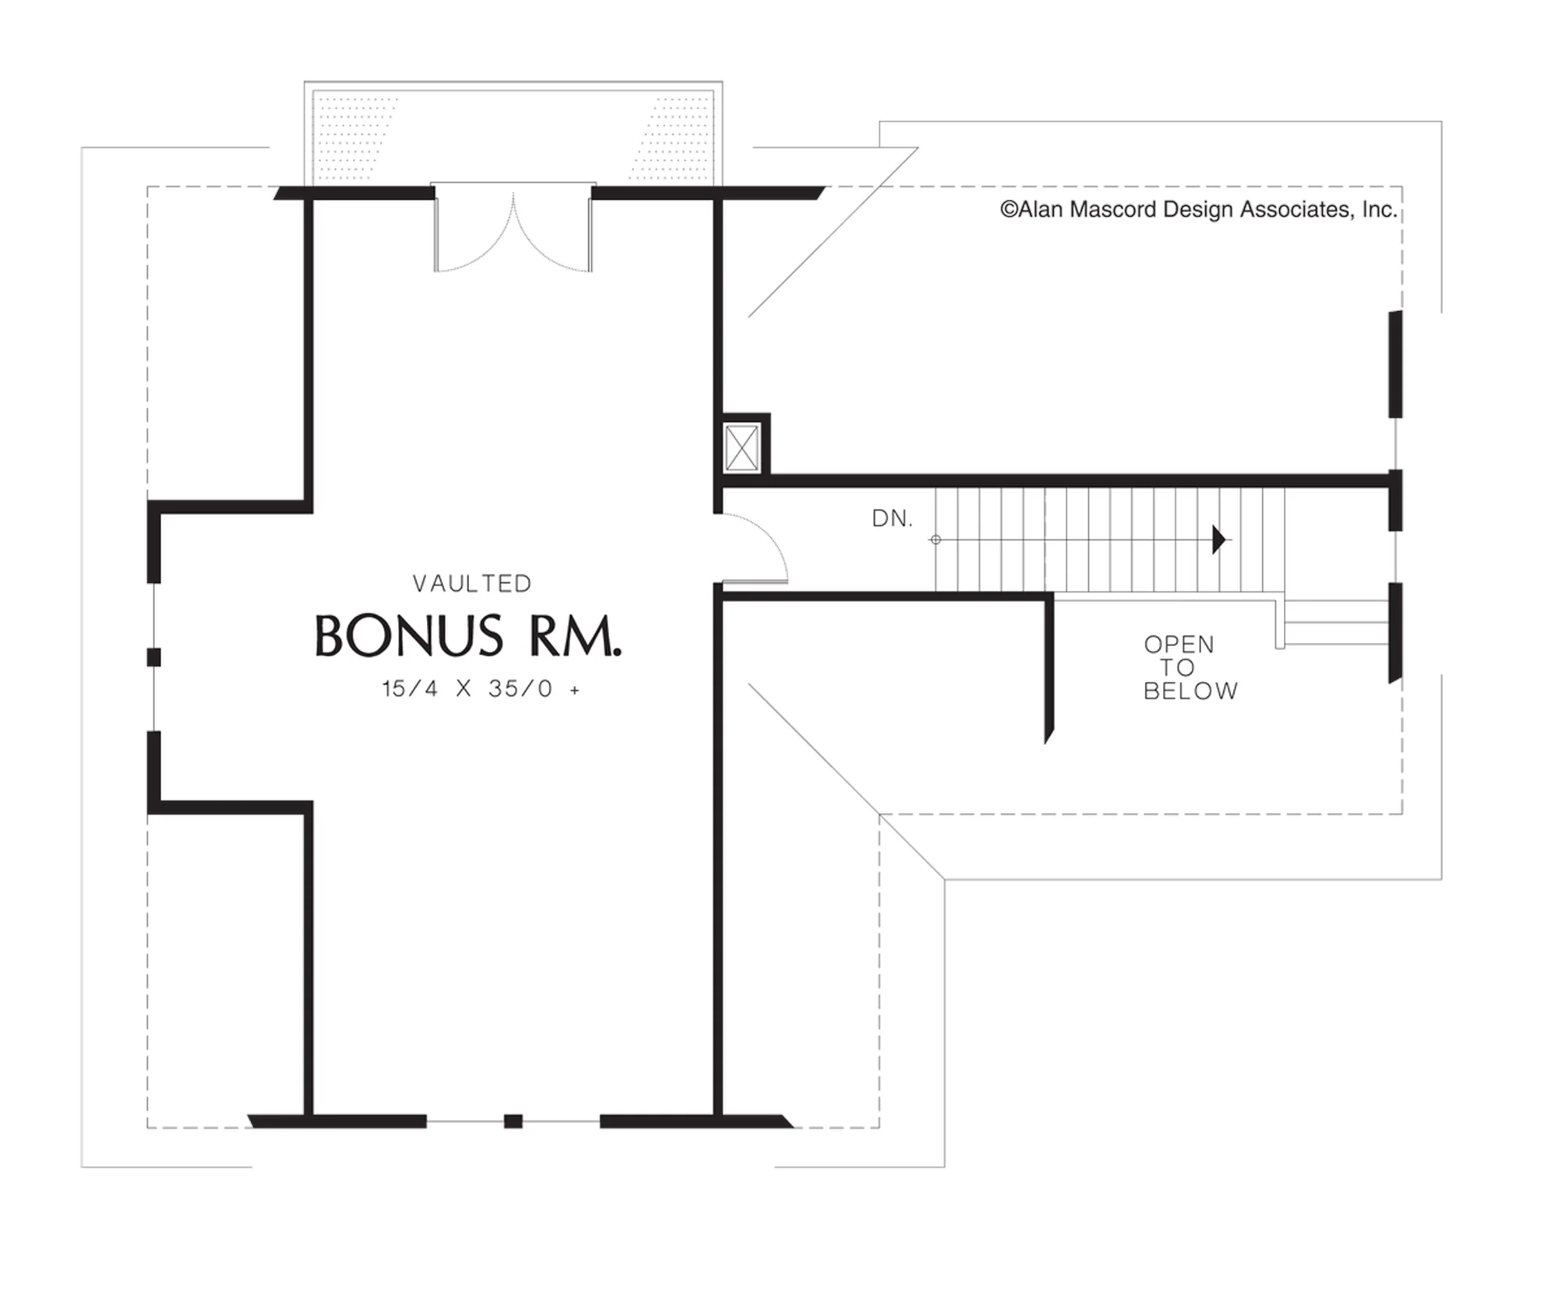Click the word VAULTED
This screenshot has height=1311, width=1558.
tap(472, 584)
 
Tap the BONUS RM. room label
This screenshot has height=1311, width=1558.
tap(468, 637)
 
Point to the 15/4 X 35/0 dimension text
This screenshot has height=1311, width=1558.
tap(481, 689)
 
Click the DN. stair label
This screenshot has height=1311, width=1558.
tap(892, 518)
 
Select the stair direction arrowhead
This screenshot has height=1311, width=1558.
tap(1219, 539)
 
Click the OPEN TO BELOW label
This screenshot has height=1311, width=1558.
tap(1190, 668)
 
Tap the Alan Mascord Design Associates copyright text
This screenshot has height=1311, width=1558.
tap(1198, 210)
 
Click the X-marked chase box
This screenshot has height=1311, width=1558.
tap(742, 447)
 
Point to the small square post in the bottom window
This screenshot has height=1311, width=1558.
tap(513, 1122)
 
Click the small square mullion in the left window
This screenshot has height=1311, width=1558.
tap(154, 657)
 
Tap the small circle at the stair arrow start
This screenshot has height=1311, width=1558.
tap(936, 539)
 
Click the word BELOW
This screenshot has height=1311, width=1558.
tap(1190, 691)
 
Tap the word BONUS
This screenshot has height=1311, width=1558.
tap(409, 637)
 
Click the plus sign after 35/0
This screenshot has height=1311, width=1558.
tap(575, 690)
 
